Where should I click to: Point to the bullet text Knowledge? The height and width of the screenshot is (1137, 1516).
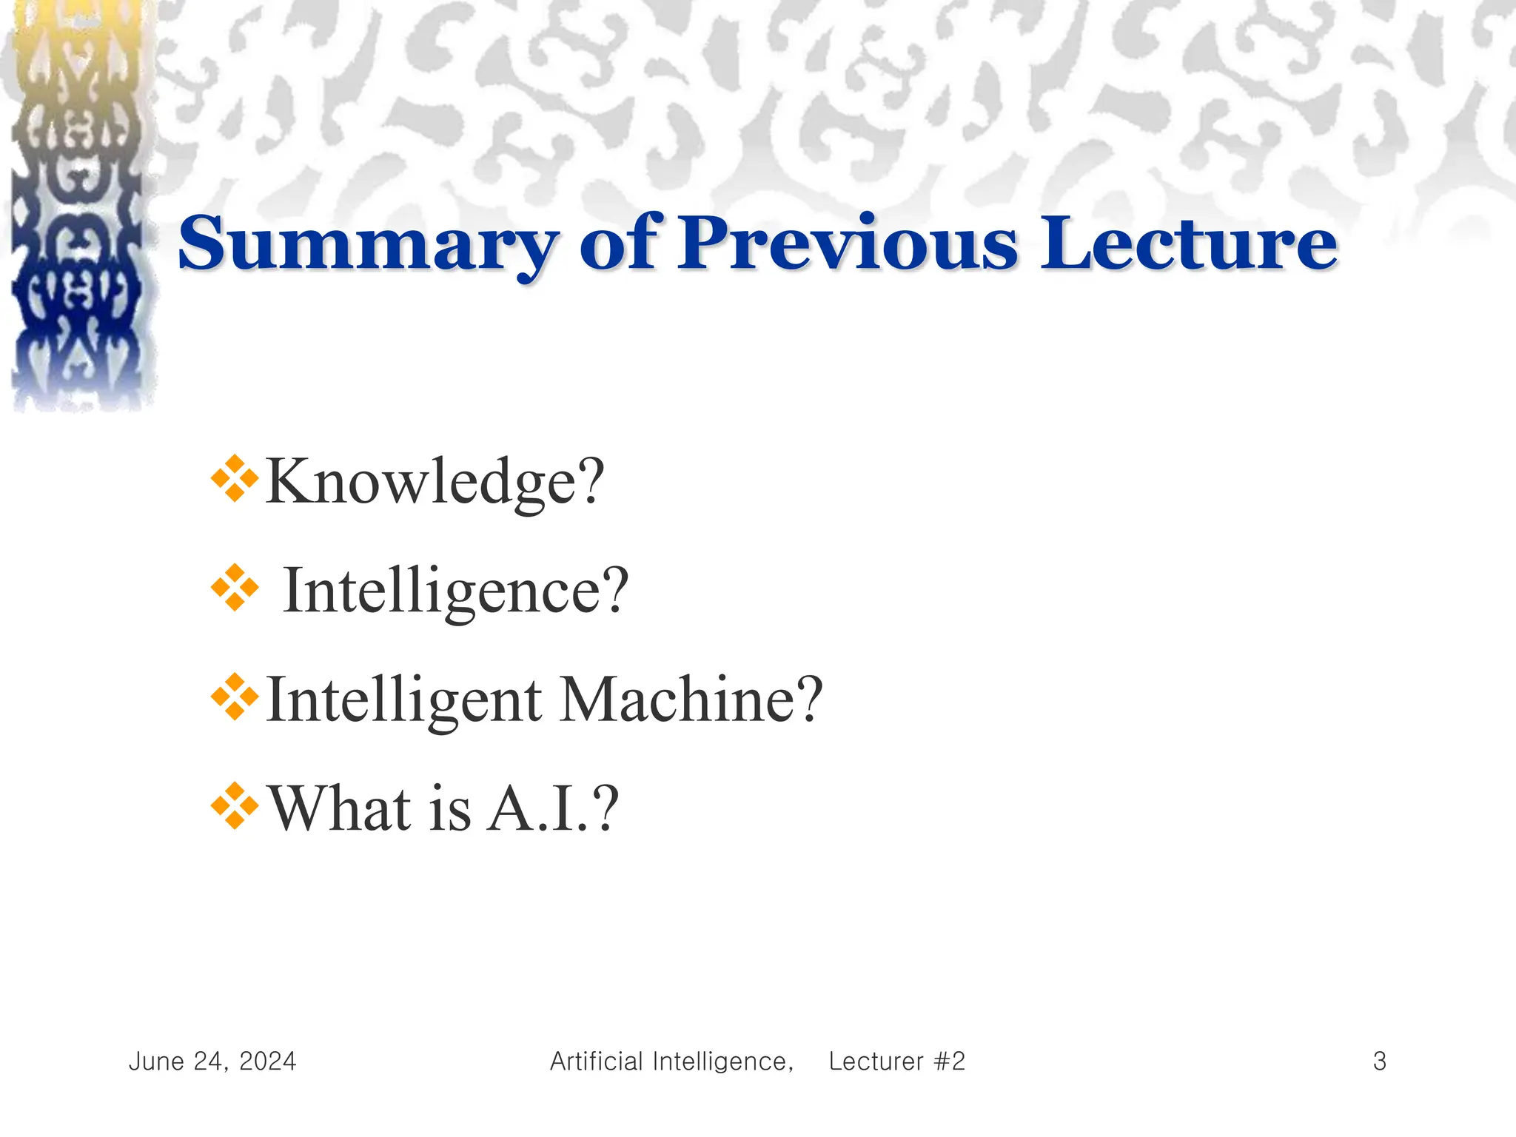[435, 482]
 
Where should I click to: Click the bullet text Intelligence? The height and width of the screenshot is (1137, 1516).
[455, 591]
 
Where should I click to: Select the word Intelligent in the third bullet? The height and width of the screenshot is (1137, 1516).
[403, 700]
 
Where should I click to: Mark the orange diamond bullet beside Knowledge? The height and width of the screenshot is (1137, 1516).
[235, 479]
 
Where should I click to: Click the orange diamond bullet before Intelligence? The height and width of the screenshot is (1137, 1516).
[235, 588]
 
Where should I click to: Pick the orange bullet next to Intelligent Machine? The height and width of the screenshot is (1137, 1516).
[235, 697]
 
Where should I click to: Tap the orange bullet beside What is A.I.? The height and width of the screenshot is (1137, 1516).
[235, 805]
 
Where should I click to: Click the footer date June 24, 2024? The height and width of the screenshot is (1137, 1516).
[212, 1061]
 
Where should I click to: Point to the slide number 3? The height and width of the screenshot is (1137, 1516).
[1379, 1061]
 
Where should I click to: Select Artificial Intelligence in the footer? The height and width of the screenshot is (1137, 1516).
[671, 1061]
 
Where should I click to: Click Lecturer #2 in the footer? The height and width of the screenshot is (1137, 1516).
[896, 1061]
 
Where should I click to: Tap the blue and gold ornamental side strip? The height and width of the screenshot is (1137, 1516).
[78, 207]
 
